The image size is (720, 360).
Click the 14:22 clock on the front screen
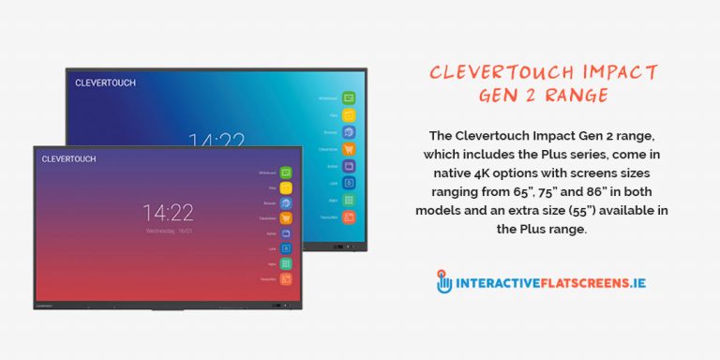(169, 211)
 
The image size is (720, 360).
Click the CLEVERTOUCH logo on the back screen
(106, 82)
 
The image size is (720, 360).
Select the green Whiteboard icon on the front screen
(286, 172)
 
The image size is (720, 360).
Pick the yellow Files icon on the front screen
(286, 187)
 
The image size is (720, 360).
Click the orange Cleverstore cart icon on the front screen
(286, 218)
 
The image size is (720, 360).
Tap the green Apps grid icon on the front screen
(286, 264)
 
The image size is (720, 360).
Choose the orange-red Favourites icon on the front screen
(286, 279)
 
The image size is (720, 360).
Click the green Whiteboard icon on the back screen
(349, 97)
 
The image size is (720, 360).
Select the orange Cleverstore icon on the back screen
(349, 149)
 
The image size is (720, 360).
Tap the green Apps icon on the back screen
(349, 201)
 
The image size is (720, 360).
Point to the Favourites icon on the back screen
(349, 217)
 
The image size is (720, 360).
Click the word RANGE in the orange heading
(582, 96)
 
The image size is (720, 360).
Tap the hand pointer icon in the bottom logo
(444, 281)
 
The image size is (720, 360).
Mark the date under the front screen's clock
(169, 230)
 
